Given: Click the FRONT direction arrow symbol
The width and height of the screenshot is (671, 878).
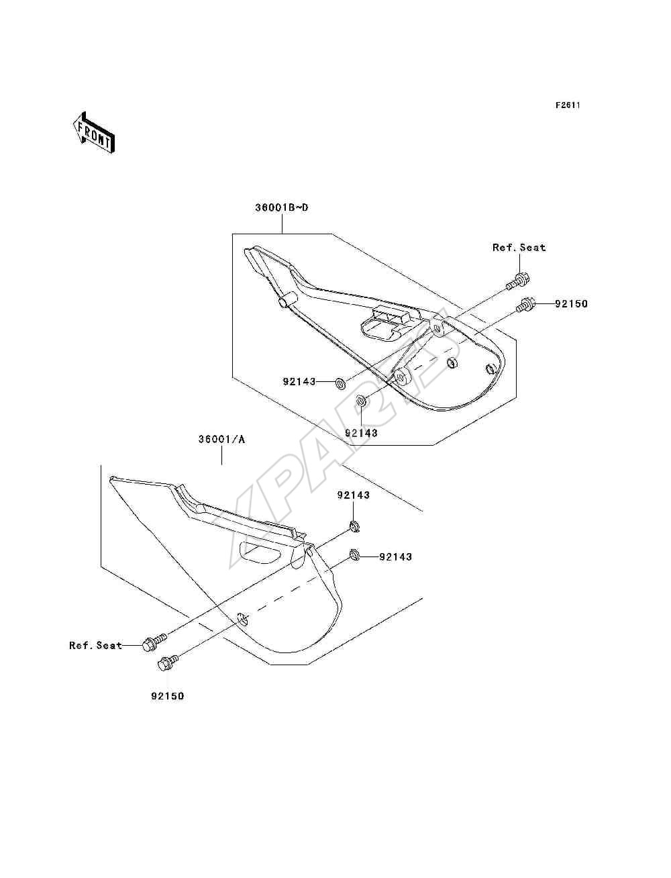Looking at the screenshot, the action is click(x=94, y=132).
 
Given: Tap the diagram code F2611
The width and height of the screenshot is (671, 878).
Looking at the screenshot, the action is click(x=568, y=105).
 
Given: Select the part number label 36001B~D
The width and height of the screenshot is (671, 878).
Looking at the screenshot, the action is click(x=282, y=207).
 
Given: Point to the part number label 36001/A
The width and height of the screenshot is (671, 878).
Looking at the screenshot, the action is click(x=222, y=440).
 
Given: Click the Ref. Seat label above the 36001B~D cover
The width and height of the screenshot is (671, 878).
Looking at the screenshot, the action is click(x=519, y=248).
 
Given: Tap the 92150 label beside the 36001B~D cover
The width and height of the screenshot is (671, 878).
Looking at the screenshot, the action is click(x=571, y=304).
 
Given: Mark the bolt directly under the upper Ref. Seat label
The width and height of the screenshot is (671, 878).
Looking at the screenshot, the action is click(x=517, y=281).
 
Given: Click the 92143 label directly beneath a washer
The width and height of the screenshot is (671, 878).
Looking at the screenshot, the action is click(x=361, y=433).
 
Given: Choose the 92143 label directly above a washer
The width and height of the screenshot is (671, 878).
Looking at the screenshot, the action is click(x=354, y=495).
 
